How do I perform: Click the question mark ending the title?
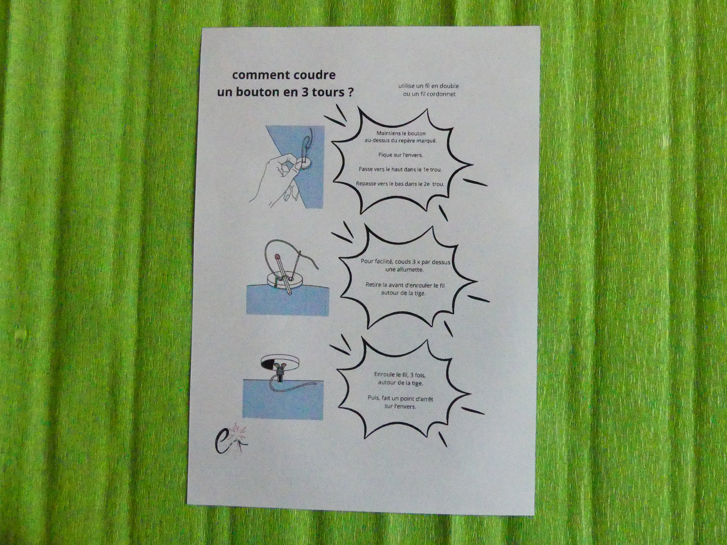coord(351,92)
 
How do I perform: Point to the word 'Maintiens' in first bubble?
coord(388,133)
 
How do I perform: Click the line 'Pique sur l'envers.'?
coord(400,155)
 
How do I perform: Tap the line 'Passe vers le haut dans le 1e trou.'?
coord(400,169)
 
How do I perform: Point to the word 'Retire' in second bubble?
coord(373,285)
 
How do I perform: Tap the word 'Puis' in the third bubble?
coord(373,398)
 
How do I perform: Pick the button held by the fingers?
coord(304,162)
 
